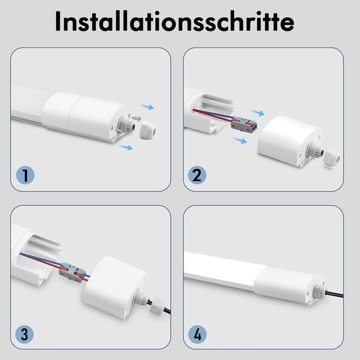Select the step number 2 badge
click(x=197, y=175)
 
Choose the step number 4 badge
click(x=197, y=334)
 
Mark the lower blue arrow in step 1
click(x=127, y=147)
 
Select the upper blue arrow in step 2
click(x=255, y=113)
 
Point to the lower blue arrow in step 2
click(x=241, y=140)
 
